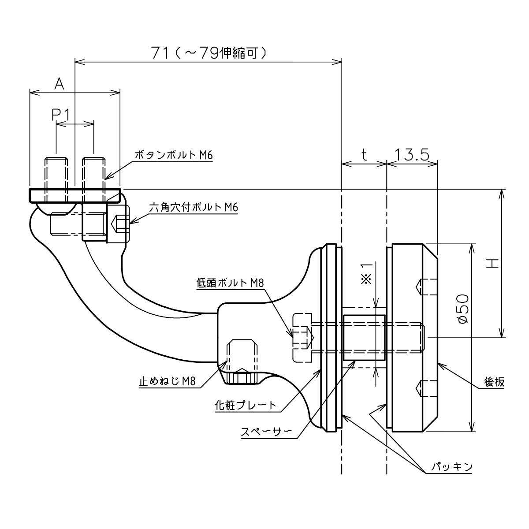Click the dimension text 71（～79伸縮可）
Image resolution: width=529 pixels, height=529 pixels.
point(209,53)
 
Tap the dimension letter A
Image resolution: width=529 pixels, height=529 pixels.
point(59,84)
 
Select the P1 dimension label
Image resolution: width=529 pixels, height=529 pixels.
point(61,115)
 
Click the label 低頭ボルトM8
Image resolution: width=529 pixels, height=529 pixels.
point(230,283)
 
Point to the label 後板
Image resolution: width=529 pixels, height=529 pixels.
point(494,382)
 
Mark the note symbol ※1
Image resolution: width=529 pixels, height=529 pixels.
point(366,273)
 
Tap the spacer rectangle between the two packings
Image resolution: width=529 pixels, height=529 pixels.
point(364,338)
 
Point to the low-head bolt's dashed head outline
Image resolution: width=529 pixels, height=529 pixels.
point(302,338)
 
